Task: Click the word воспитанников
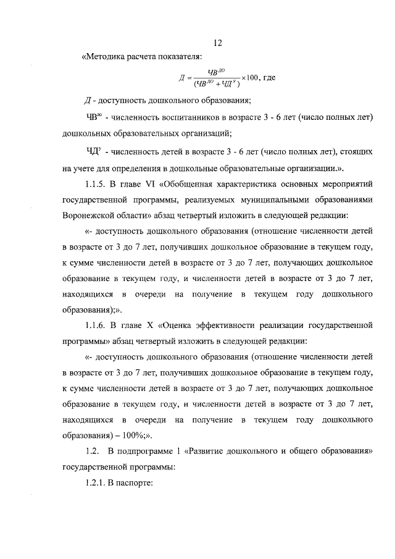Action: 179,117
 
